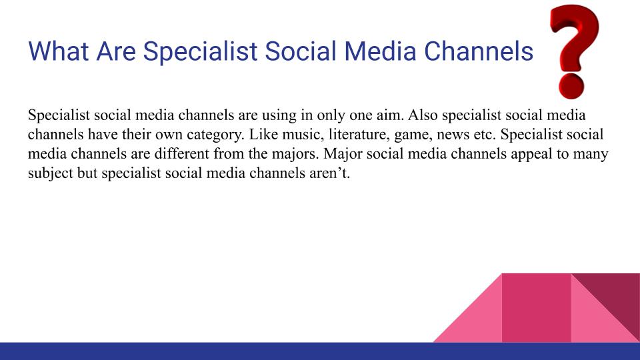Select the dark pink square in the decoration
[537, 307]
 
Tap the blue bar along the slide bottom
[320, 351]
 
